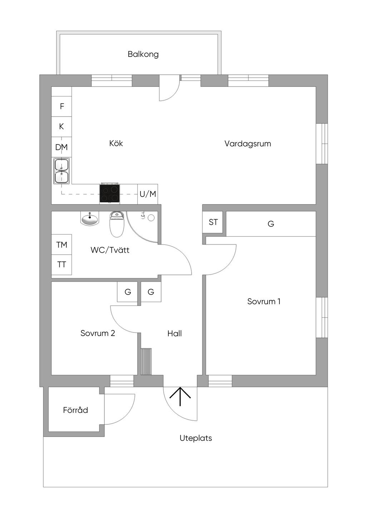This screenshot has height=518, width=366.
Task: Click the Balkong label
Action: tap(143, 54)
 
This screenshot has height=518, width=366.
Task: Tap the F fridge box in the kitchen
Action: tap(61, 107)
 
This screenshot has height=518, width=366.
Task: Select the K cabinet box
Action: tap(61, 127)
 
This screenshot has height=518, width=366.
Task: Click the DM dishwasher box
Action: tap(61, 147)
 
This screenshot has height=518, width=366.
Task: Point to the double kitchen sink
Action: tap(61, 171)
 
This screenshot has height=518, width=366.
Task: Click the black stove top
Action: tap(109, 193)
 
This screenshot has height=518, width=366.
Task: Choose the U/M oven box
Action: tap(148, 194)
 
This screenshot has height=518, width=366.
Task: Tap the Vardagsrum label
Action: tap(248, 144)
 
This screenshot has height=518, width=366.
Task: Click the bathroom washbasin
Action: tap(90, 219)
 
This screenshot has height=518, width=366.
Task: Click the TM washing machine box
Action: tap(61, 245)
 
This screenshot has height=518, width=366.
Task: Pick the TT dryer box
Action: tap(61, 265)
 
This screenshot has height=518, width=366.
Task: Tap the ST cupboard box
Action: tap(213, 222)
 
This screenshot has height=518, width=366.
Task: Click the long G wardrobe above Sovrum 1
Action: tap(271, 224)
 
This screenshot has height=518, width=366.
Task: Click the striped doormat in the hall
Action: tap(146, 361)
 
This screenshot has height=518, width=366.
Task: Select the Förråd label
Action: tap(75, 410)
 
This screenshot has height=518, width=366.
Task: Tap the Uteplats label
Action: tap(196, 438)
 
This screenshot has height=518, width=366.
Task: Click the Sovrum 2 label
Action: tap(98, 333)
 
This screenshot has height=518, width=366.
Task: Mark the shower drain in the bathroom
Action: tap(151, 217)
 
